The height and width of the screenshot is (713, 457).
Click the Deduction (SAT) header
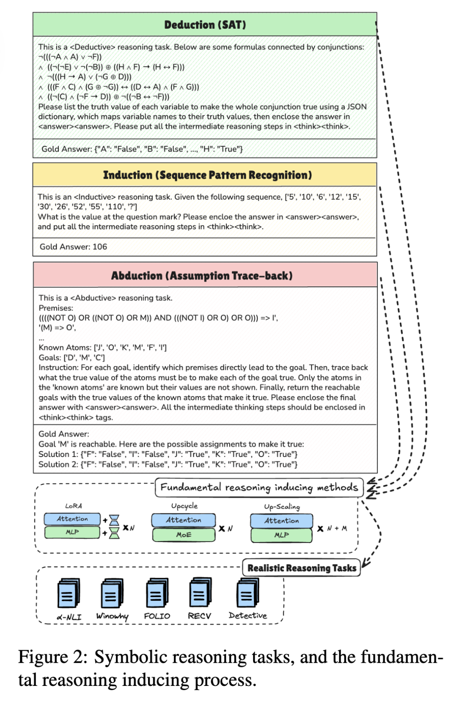205,25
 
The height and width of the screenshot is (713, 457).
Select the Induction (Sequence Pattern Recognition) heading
207,175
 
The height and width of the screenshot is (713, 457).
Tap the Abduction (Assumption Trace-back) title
202,275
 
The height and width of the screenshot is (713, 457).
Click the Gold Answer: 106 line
73,247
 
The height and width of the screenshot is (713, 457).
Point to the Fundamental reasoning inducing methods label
259,487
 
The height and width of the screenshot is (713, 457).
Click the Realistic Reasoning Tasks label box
301,568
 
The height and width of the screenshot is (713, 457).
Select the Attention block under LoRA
72,519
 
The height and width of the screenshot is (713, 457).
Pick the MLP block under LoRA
72,532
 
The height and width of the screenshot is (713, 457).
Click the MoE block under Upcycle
184,535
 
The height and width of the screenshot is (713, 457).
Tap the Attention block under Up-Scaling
281,521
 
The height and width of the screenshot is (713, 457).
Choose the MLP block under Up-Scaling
281,535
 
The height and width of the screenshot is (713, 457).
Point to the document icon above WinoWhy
112,593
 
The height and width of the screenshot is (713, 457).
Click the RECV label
199,616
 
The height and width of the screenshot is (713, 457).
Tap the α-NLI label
69,617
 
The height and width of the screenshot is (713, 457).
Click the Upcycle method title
184,506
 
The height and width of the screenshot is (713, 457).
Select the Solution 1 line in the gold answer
168,454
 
